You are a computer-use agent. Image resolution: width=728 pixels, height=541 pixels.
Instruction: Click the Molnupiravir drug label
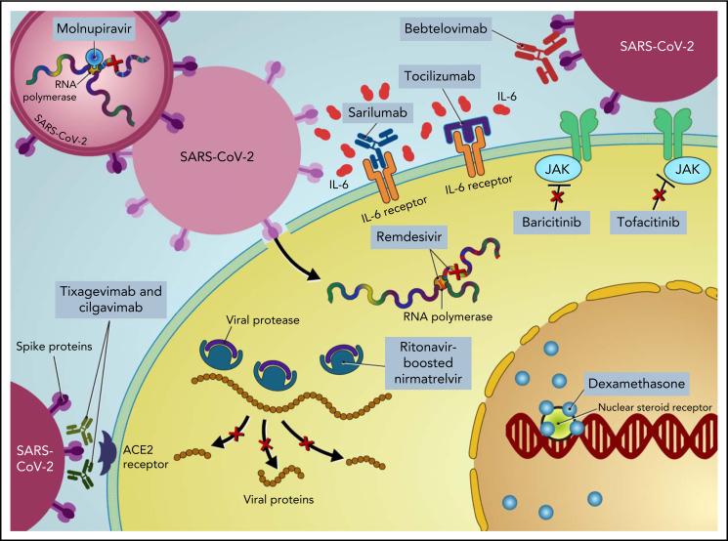click(94, 28)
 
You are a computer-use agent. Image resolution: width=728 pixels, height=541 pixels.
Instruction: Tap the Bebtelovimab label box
click(446, 28)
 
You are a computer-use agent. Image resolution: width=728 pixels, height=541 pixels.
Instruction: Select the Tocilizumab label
click(440, 75)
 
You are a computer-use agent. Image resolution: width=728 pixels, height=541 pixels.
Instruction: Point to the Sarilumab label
click(377, 112)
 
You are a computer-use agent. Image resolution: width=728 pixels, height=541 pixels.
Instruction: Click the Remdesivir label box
click(408, 237)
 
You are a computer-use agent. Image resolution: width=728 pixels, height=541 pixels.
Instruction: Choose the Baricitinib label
click(551, 223)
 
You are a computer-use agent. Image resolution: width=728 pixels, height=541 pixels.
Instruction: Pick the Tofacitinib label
click(648, 223)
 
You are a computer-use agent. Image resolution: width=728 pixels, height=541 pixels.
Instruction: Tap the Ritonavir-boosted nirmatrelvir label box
click(428, 363)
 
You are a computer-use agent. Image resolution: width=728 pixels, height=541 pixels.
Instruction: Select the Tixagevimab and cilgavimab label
click(110, 299)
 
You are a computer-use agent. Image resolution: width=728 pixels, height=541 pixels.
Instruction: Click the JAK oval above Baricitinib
click(557, 169)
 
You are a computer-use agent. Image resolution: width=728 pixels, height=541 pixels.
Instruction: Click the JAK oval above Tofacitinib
click(687, 169)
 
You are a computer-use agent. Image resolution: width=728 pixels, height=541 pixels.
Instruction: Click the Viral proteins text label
click(278, 500)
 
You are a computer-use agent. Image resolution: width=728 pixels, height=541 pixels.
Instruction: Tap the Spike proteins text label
click(54, 347)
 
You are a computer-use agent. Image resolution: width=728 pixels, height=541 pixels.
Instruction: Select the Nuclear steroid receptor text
click(655, 407)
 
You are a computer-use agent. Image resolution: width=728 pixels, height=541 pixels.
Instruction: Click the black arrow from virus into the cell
click(293, 262)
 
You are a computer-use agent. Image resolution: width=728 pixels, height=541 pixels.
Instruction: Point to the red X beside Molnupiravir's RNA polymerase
click(112, 62)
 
